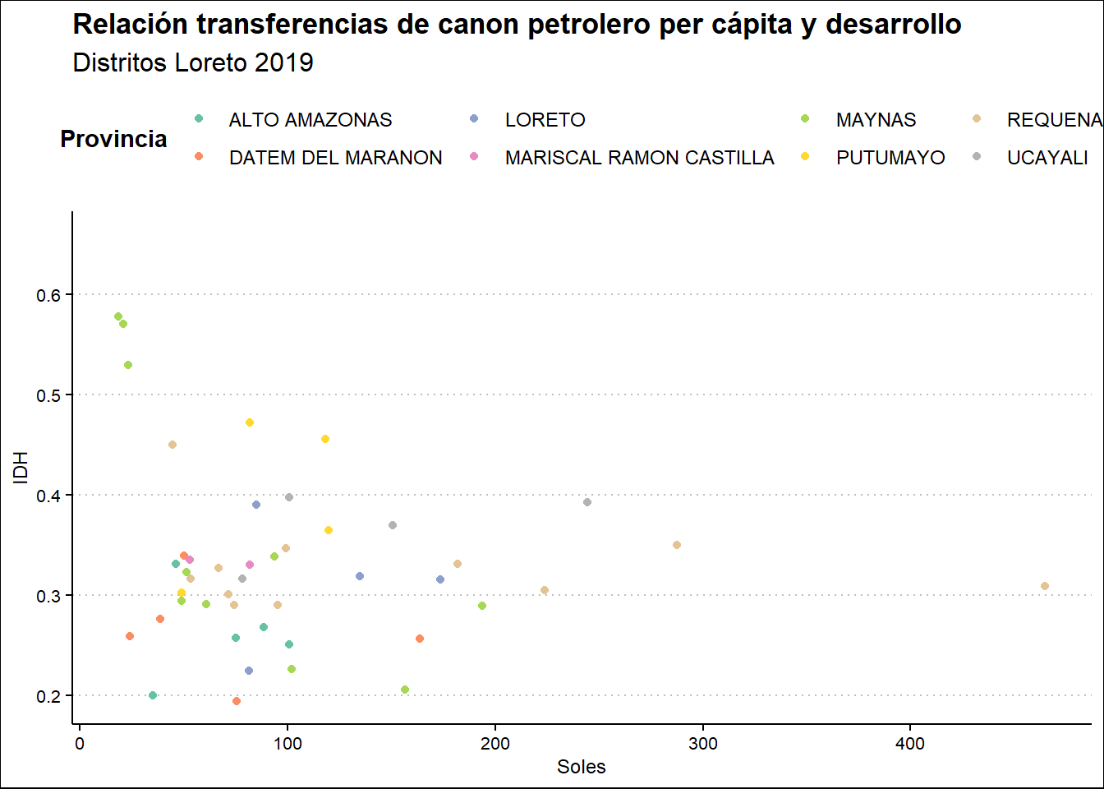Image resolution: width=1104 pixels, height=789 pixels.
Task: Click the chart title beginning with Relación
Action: click(x=517, y=25)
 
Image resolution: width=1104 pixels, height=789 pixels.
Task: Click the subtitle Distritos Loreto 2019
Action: click(x=193, y=63)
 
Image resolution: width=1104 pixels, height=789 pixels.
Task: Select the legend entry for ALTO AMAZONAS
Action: click(x=310, y=120)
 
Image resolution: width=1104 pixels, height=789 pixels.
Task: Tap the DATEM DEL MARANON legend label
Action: click(x=335, y=158)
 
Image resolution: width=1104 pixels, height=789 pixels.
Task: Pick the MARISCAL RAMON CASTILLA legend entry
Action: click(x=639, y=158)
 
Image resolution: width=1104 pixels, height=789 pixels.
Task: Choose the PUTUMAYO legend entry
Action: click(x=890, y=158)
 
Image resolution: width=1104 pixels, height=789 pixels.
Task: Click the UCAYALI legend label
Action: click(x=1047, y=158)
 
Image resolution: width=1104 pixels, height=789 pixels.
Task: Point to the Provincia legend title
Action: click(x=113, y=140)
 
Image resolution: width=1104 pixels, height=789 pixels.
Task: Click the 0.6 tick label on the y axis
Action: click(x=49, y=295)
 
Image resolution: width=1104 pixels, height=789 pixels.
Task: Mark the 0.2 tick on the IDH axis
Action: click(x=49, y=696)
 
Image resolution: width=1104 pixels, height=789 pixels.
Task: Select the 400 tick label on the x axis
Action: click(x=910, y=744)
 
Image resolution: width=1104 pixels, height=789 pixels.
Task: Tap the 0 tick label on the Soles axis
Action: click(x=80, y=744)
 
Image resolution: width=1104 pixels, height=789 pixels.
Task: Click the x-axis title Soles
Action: click(x=581, y=767)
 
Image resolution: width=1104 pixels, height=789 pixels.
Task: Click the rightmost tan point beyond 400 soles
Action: click(x=1045, y=586)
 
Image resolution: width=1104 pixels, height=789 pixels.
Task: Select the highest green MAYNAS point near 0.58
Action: click(x=118, y=316)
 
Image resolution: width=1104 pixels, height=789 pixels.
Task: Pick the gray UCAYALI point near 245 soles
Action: click(x=587, y=502)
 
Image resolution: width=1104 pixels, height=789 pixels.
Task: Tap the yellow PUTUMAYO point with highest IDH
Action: click(x=250, y=422)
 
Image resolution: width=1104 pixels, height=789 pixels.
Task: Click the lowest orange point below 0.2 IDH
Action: click(x=237, y=701)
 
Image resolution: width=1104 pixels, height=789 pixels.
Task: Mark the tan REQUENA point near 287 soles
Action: click(x=677, y=545)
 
